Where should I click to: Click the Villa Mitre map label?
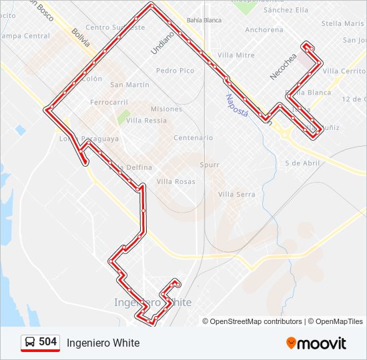[x=236, y=55]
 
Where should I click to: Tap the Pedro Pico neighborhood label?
[x=175, y=71]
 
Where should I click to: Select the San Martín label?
[x=129, y=85]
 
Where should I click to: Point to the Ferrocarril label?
[x=109, y=103]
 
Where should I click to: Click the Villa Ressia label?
[x=146, y=121]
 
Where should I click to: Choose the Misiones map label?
[x=166, y=109]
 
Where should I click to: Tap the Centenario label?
[x=193, y=138]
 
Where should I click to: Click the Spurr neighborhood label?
[x=210, y=164]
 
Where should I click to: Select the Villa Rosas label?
[x=176, y=181]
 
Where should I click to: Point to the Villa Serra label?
[x=236, y=194]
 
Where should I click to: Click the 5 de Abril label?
[x=302, y=163]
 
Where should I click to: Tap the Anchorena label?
[x=264, y=30]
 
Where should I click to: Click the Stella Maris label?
[x=342, y=23]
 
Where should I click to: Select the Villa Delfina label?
[x=132, y=167]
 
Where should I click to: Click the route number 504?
[x=47, y=342]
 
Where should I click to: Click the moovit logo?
[x=316, y=343]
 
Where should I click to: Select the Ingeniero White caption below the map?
[x=103, y=343]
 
